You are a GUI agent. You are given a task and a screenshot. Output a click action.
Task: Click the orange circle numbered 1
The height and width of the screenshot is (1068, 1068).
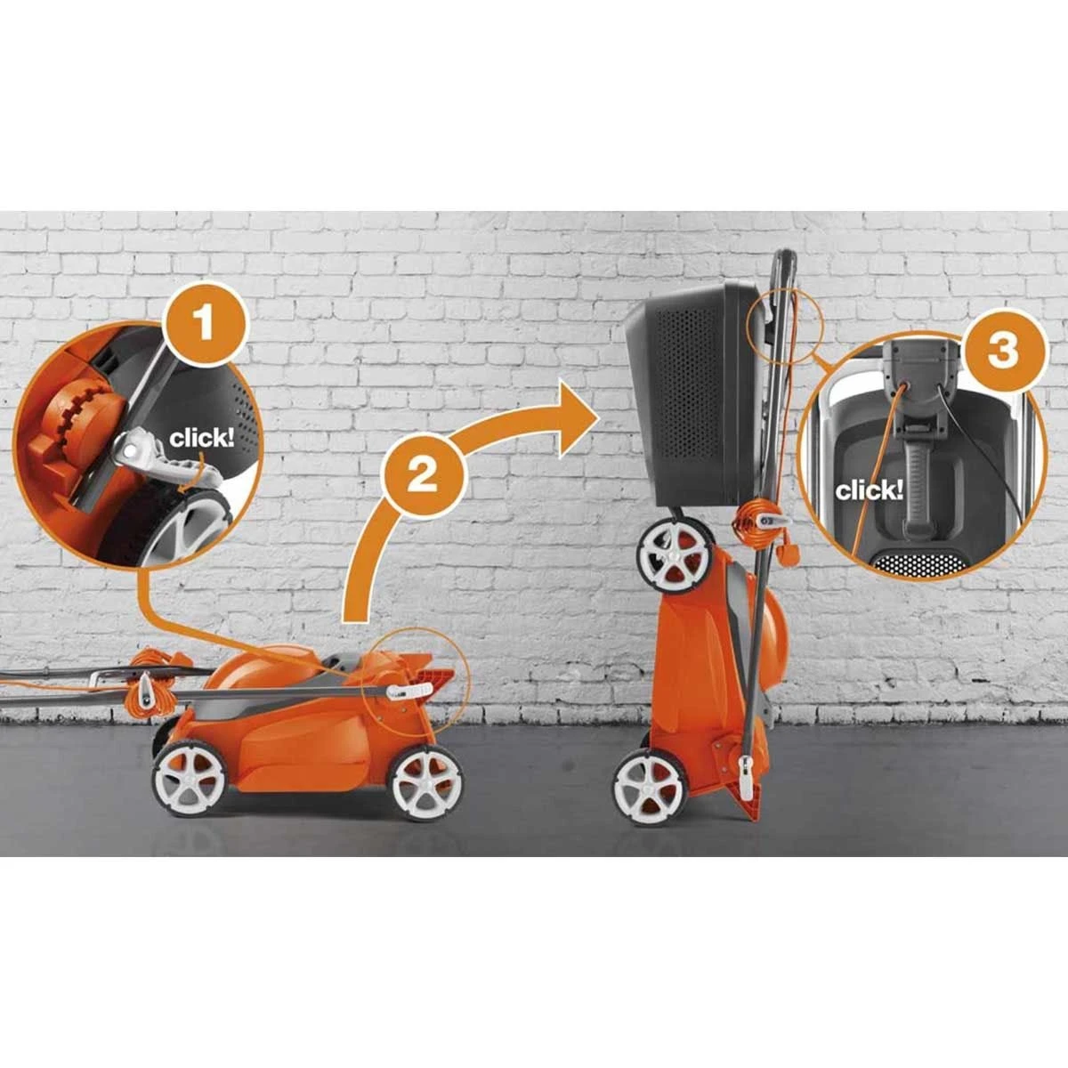click(x=205, y=324)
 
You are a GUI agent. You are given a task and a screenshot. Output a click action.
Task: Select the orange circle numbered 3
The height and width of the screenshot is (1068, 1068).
click(x=1004, y=351)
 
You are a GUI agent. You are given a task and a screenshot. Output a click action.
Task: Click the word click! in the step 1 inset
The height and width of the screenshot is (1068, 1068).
click(x=202, y=439)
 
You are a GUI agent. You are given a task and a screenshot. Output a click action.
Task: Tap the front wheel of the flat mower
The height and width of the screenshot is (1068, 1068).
click(x=427, y=783)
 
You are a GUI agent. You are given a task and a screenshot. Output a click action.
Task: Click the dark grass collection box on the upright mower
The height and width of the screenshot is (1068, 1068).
click(x=692, y=393)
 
